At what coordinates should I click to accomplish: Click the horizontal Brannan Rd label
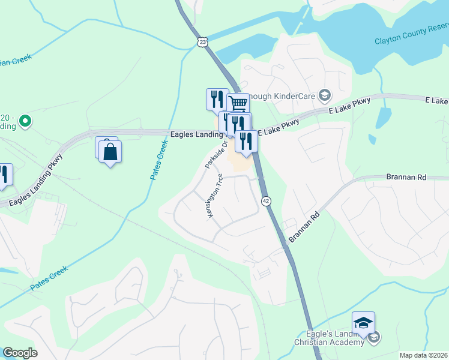[x=405, y=178]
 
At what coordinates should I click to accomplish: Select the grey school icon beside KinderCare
[x=324, y=95]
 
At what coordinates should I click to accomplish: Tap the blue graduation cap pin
[x=363, y=324]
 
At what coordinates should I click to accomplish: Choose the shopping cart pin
[x=238, y=103]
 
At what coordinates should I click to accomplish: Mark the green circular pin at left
[x=25, y=122]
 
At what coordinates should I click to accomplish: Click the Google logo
[x=20, y=353]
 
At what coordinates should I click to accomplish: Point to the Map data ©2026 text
[x=423, y=355]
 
